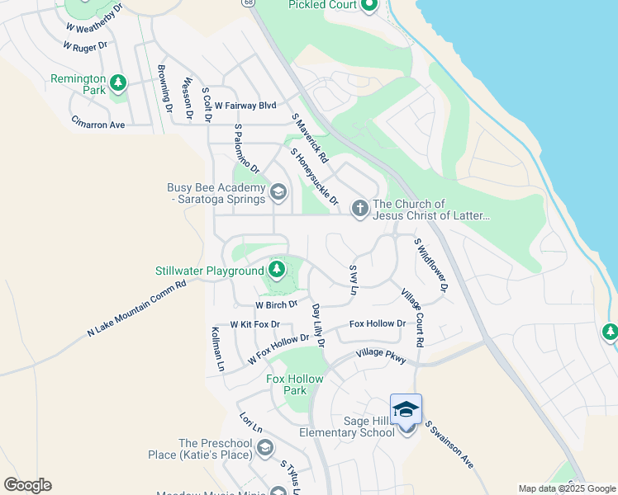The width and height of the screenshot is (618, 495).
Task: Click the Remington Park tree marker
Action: pos(119,82)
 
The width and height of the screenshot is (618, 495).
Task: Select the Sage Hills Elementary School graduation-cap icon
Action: pos(406,410)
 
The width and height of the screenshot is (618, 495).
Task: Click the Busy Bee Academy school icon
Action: pos(278,194)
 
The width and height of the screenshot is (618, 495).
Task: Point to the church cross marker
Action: pos(359,208)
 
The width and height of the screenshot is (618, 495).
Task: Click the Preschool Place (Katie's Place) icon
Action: pos(265,448)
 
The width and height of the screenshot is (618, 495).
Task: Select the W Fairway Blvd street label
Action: pos(245,106)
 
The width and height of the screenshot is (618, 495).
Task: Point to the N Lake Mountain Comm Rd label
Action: pos(137,309)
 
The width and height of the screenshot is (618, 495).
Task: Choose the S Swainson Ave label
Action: pos(449,445)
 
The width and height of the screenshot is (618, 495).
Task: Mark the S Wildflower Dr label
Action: pos(430,265)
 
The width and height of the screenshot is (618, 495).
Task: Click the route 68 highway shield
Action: pos(247,3)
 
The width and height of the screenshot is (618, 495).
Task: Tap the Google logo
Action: pos(27,485)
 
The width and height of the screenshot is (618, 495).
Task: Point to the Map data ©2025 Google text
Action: pos(567,488)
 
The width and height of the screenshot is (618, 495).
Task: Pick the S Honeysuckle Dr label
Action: pos(315,177)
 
